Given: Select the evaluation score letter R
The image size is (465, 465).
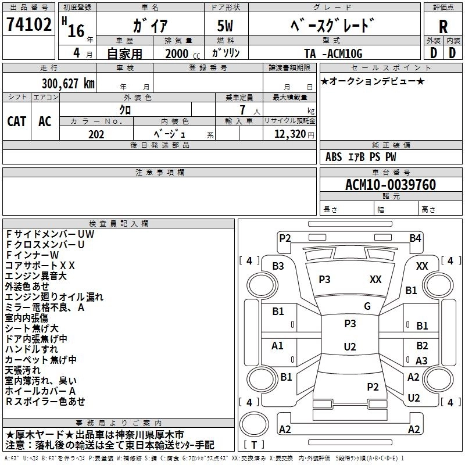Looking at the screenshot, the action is point(443,27).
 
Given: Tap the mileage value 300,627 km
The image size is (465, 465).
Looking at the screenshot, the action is point(69,84).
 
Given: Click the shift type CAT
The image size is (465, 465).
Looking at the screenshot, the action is point(17,121).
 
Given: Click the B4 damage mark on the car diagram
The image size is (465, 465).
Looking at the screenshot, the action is point(414,238).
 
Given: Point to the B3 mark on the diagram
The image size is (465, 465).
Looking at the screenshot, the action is point(278,266).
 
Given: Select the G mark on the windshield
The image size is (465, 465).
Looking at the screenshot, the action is point(367,306).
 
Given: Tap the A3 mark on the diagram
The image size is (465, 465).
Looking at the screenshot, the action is point(421,361).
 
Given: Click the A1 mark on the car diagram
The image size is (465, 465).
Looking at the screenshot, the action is point(278,346).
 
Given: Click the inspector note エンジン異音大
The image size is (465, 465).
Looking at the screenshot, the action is point(36,276).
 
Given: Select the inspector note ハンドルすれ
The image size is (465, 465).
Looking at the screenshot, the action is point(31,349).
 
